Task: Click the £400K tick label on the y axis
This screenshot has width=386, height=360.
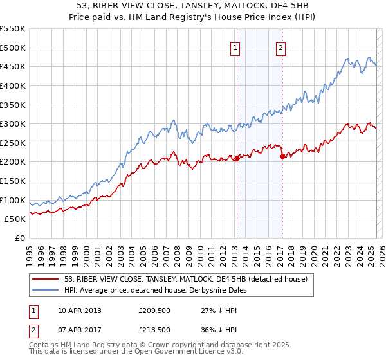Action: tap(13, 85)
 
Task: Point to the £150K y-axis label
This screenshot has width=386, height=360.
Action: tap(13, 181)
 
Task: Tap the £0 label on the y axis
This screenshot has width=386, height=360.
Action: tap(19, 239)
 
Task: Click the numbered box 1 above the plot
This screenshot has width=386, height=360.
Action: tap(235, 48)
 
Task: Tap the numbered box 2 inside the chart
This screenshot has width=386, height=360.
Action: tap(281, 48)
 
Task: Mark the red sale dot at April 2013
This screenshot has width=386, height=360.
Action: tap(237, 158)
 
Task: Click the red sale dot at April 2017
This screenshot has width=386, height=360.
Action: tap(282, 156)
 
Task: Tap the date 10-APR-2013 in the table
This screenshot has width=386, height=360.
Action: tap(79, 310)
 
